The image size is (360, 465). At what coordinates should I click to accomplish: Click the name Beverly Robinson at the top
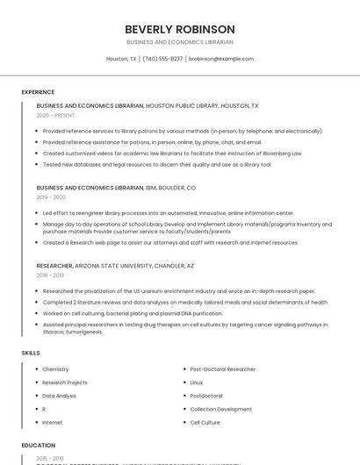click(180, 29)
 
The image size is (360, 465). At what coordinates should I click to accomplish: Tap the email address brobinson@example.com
click(220, 59)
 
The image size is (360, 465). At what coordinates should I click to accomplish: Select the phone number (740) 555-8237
click(162, 59)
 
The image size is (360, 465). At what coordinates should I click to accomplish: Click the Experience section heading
click(38, 92)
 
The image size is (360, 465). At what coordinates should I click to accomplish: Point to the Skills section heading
click(31, 353)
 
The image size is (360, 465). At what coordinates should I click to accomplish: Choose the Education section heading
click(38, 446)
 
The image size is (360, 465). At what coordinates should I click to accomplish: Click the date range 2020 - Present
click(55, 115)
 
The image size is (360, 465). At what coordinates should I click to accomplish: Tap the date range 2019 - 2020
click(51, 197)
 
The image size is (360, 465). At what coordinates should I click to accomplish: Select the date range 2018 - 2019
click(51, 275)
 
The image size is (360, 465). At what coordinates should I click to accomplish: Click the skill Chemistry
click(55, 369)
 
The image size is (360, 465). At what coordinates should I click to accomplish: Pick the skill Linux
click(197, 383)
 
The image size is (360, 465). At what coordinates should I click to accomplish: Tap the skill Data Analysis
click(59, 396)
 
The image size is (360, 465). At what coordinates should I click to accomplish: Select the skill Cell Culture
click(205, 422)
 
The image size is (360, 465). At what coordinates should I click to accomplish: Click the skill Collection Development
click(221, 409)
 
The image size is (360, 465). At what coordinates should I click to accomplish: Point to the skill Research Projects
click(65, 383)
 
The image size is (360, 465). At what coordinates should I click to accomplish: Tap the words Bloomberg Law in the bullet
click(284, 153)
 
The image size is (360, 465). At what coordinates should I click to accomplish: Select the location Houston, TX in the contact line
click(121, 59)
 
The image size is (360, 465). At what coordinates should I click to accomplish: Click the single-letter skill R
click(44, 409)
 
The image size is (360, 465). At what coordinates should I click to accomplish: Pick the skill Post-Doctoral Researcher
click(224, 369)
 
